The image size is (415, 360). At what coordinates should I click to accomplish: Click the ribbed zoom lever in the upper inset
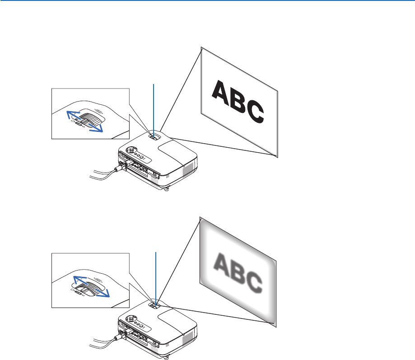[x=90, y=120]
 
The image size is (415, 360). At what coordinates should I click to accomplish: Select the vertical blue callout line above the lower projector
[x=156, y=276]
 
